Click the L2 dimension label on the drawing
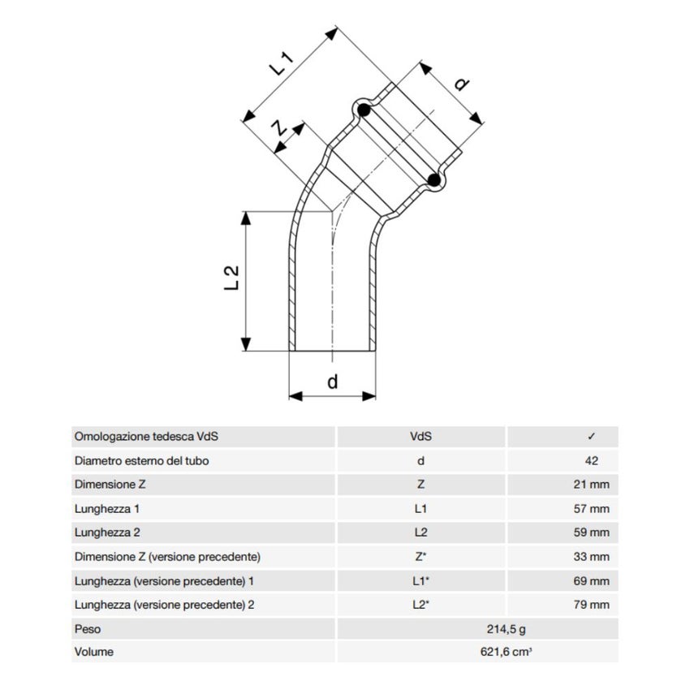232,278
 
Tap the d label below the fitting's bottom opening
332,382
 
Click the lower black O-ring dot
436,179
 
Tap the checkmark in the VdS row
592,437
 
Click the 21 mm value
591,485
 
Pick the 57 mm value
591,509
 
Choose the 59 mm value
591,533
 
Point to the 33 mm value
591,557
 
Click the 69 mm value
591,581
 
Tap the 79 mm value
591,605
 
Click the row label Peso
87,629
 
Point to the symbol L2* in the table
420,605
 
